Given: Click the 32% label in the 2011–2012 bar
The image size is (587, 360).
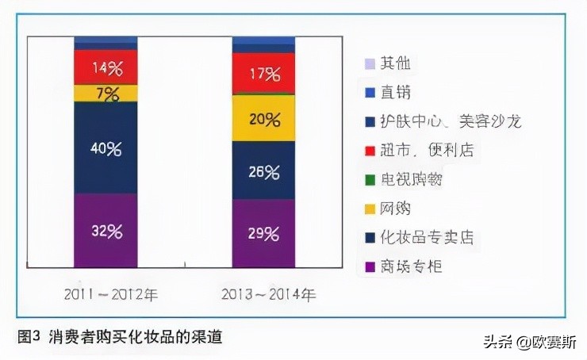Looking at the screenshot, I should coord(106,232).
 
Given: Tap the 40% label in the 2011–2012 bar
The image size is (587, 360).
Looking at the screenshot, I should coord(106,148).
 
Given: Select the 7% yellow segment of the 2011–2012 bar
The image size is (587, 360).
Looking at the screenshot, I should coord(106,94).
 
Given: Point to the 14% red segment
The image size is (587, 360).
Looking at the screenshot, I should coord(106,67).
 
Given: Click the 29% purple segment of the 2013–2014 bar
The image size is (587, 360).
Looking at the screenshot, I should coord(263,233).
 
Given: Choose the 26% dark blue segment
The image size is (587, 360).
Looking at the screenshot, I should coord(263,171).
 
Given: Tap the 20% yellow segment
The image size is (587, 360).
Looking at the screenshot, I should coord(263,119).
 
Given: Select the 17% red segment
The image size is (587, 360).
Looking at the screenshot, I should coord(263,75).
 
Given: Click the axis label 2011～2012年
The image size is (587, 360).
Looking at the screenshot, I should coord(111,294).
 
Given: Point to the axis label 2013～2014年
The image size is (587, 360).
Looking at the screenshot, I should coord(267,294).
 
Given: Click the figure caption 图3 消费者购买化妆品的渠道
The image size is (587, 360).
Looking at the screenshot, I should coord(119,336).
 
